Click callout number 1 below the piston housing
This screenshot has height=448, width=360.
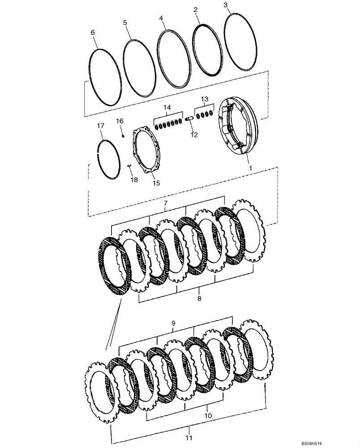[250, 168]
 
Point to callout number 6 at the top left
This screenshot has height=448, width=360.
[93, 33]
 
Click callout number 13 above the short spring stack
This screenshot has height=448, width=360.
[204, 99]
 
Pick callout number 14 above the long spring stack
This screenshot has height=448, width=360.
[167, 108]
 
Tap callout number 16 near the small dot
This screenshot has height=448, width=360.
[120, 121]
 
